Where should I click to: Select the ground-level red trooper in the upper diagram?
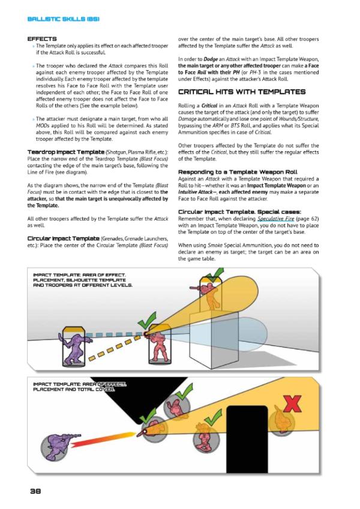click(x=157, y=345)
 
